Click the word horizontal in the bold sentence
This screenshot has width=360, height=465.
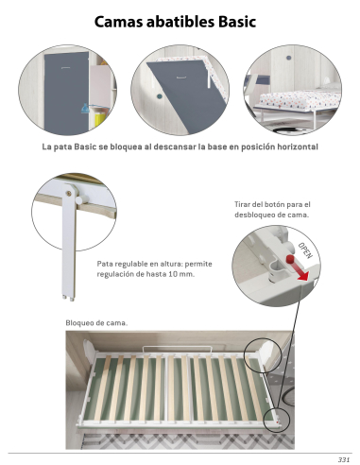[288, 148]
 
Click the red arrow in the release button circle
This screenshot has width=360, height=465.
[295, 274]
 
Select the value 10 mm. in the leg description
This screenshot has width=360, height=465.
[182, 273]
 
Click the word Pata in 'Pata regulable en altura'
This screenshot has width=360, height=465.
[108, 263]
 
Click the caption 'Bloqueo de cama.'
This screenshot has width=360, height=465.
[96, 324]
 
